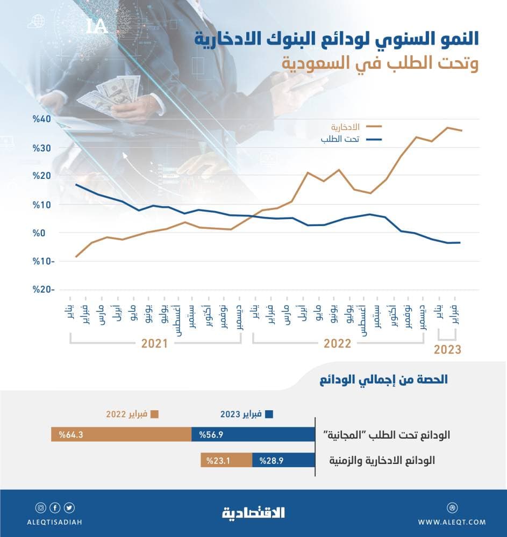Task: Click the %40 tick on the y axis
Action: click(x=41, y=119)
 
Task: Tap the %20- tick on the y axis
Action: click(x=41, y=289)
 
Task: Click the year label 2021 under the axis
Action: click(x=155, y=344)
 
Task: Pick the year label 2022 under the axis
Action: click(x=337, y=344)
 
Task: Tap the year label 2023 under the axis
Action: click(x=447, y=350)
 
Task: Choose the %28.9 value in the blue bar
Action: click(x=270, y=460)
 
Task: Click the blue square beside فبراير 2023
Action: click(x=269, y=414)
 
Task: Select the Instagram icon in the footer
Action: click(x=41, y=507)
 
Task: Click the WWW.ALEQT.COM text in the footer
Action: click(x=452, y=521)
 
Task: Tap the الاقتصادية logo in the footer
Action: click(x=253, y=513)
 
